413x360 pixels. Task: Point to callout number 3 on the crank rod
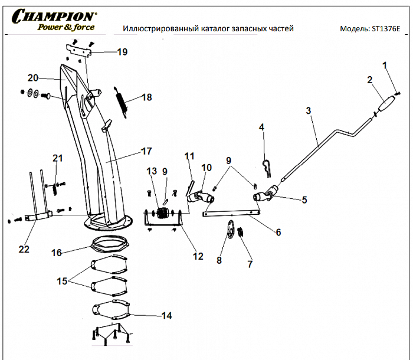coord(308,110)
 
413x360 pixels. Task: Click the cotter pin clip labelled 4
coord(267,169)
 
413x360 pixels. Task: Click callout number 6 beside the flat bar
coord(278,232)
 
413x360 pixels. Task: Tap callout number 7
coord(250,264)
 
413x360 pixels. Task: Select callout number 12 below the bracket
coord(198,256)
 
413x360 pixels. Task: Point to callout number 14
coord(166,316)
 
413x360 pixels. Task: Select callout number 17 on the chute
coord(146,151)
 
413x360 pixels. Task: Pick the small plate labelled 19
coord(81,53)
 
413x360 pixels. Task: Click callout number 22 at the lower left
coord(24,249)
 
